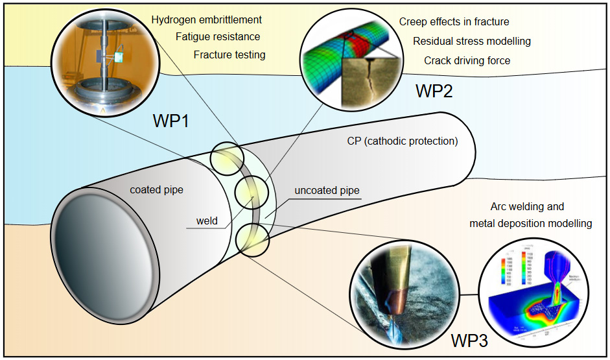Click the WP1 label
170,121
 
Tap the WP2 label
434,91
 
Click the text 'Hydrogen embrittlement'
206,20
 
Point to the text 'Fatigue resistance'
217,37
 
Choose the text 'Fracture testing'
229,54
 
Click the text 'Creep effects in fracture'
454,22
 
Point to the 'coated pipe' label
156,190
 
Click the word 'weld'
207,221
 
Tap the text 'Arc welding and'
527,207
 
